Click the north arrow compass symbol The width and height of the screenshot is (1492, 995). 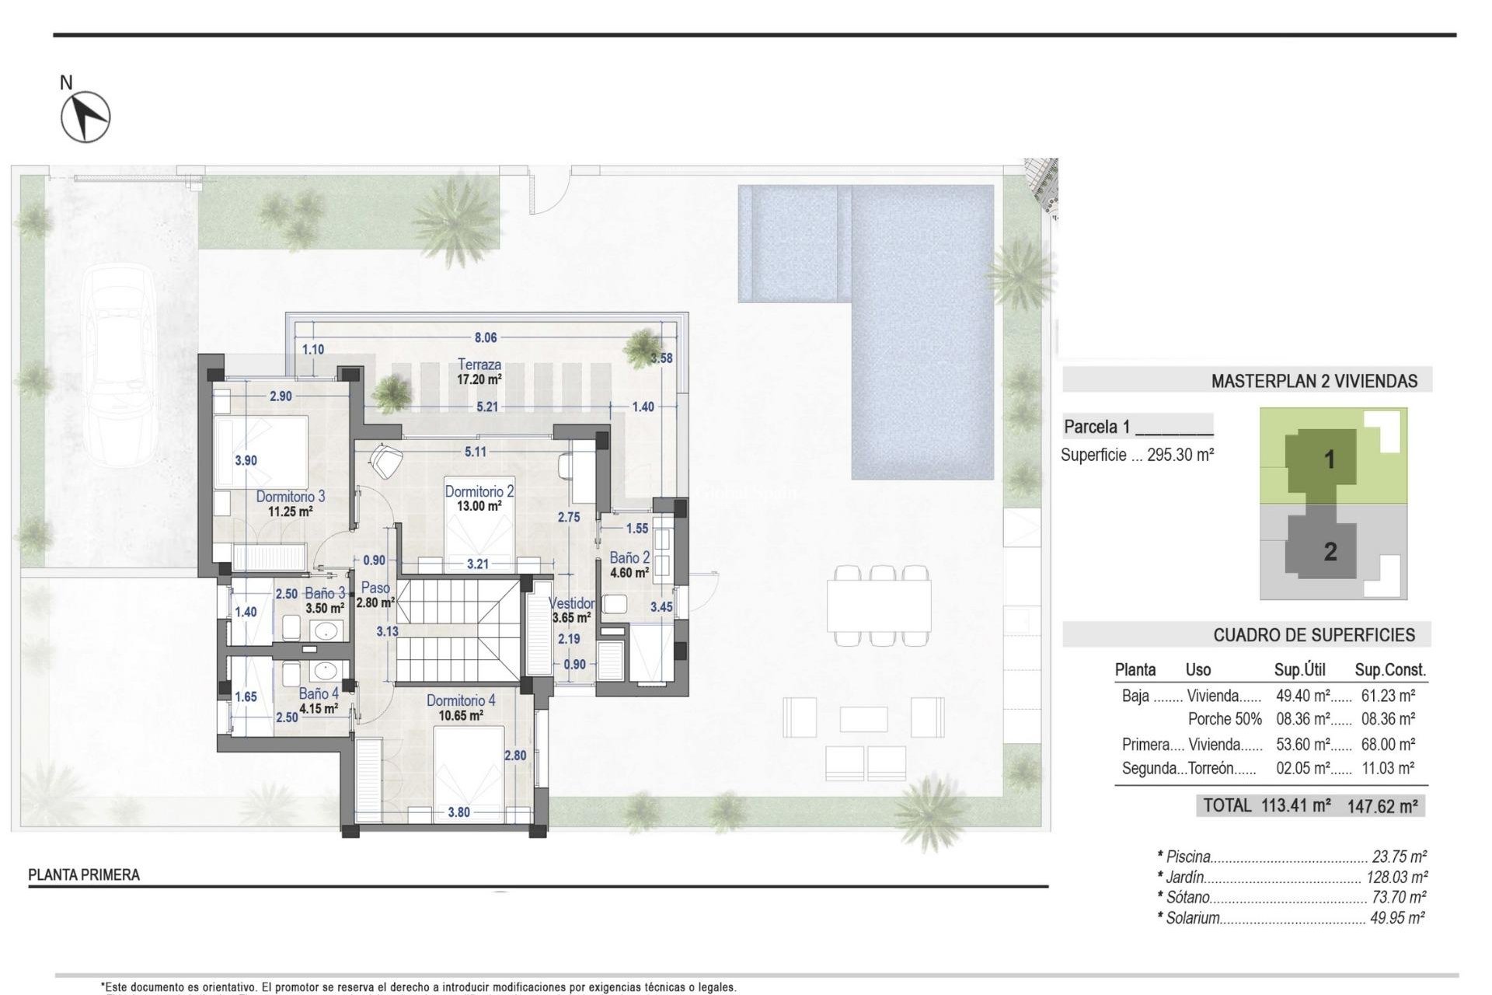point(85,117)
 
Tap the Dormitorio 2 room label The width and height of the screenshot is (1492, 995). point(479,492)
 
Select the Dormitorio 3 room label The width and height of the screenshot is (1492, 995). point(291,497)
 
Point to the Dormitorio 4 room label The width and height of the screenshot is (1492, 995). point(460,701)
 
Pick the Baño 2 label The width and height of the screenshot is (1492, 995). point(629,558)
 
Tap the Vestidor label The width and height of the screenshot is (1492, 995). point(571,603)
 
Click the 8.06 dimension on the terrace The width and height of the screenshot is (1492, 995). point(486,337)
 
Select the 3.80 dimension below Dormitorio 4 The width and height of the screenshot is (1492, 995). point(458,812)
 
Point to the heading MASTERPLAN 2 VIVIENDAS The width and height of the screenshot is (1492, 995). point(1314,382)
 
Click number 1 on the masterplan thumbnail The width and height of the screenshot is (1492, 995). point(1330,459)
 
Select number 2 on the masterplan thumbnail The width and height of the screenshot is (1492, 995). point(1330,552)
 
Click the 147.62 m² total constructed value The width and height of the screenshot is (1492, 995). point(1382,806)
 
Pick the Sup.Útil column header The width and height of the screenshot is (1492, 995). point(1299,670)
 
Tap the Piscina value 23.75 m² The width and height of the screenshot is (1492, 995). point(1399,857)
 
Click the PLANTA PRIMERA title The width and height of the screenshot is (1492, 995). point(84,875)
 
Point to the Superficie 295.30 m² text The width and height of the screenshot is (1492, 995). point(1137,456)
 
